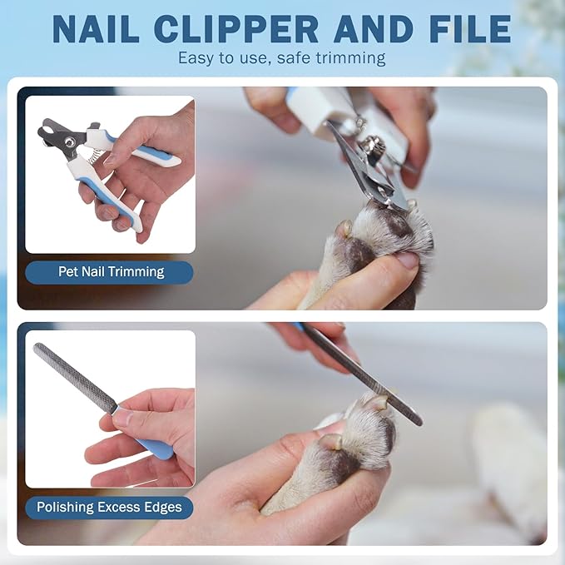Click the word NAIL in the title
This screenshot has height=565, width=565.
click(x=96, y=29)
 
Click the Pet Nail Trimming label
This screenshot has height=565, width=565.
click(x=111, y=272)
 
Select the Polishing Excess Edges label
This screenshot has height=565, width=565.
click(x=109, y=508)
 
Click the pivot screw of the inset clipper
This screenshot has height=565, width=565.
click(x=69, y=141)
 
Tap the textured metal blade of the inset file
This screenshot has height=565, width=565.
click(x=75, y=376)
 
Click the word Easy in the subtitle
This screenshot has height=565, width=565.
click(x=196, y=57)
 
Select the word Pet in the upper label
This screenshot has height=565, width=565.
click(x=68, y=271)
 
